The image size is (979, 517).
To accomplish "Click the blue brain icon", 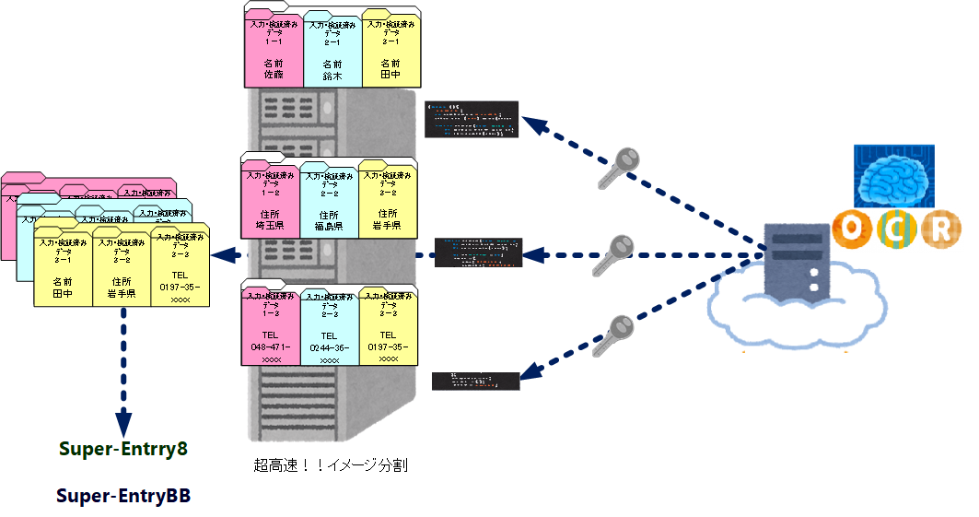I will pyautogui.click(x=893, y=176).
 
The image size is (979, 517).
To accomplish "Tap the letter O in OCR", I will pyautogui.click(x=849, y=229).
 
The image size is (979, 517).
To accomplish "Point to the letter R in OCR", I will pyautogui.click(x=939, y=229).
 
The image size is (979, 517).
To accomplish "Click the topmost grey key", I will pyautogui.click(x=618, y=167).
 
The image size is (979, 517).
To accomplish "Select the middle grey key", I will pyautogui.click(x=612, y=253).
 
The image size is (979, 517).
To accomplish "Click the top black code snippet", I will pyautogui.click(x=472, y=119).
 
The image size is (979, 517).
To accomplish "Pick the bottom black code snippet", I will pyautogui.click(x=475, y=380).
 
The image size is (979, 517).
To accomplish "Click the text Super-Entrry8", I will pyautogui.click(x=123, y=449).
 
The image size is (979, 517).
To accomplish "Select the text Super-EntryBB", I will pyautogui.click(x=123, y=496).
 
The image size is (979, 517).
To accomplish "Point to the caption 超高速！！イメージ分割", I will pyautogui.click(x=331, y=465).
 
